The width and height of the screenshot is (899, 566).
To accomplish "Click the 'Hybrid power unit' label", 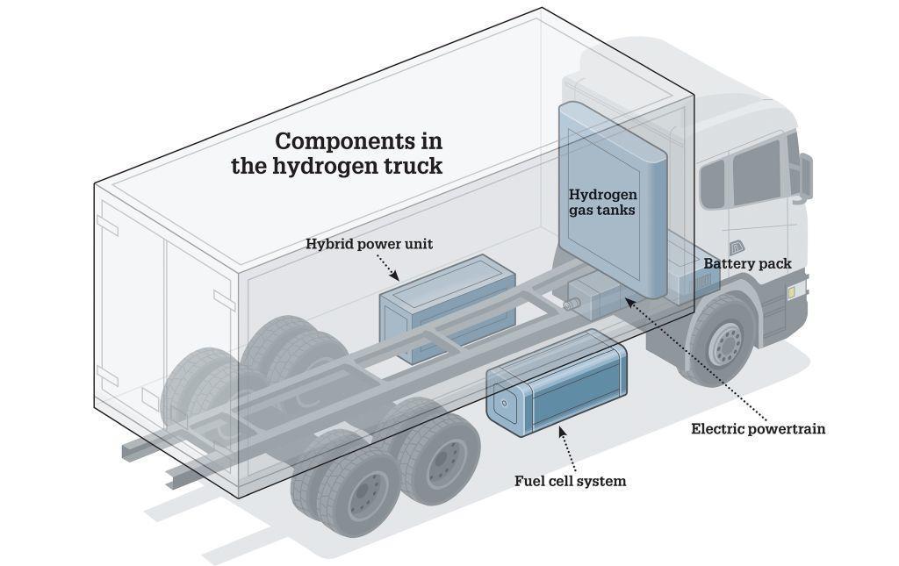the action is click(x=369, y=244).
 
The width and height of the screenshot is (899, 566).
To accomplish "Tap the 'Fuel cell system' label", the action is click(x=570, y=481).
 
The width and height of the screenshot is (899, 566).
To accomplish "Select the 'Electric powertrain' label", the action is click(x=758, y=428).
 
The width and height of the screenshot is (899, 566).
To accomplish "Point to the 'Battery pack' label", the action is click(x=747, y=263).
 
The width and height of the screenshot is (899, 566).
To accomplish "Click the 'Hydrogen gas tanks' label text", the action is click(x=602, y=202).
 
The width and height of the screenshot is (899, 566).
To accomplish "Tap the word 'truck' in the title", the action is click(x=414, y=166).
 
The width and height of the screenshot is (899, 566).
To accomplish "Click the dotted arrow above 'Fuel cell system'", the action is click(x=567, y=448).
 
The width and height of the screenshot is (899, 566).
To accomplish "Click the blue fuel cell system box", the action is click(x=557, y=383).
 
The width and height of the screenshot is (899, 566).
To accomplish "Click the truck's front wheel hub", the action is click(x=726, y=342).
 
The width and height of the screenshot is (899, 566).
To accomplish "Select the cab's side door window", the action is click(x=756, y=171).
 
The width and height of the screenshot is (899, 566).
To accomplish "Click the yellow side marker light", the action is click(x=792, y=293).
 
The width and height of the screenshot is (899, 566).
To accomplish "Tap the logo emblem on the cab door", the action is click(x=737, y=247).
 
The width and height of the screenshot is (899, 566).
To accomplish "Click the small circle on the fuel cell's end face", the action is click(x=504, y=403).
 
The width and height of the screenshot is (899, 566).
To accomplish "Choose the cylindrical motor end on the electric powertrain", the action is click(x=570, y=304).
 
